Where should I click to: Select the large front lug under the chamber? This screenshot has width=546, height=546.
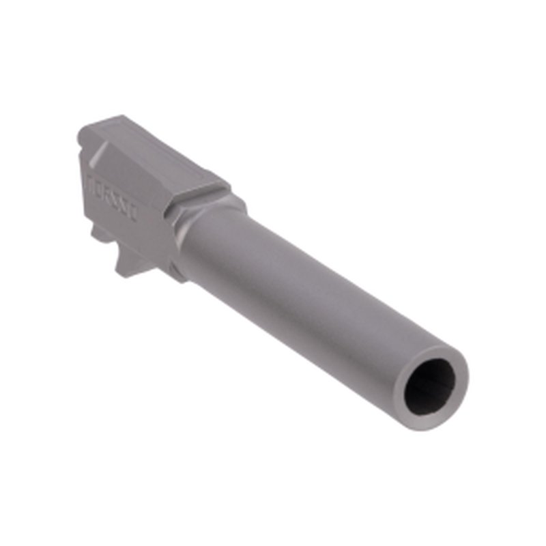[134, 263]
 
